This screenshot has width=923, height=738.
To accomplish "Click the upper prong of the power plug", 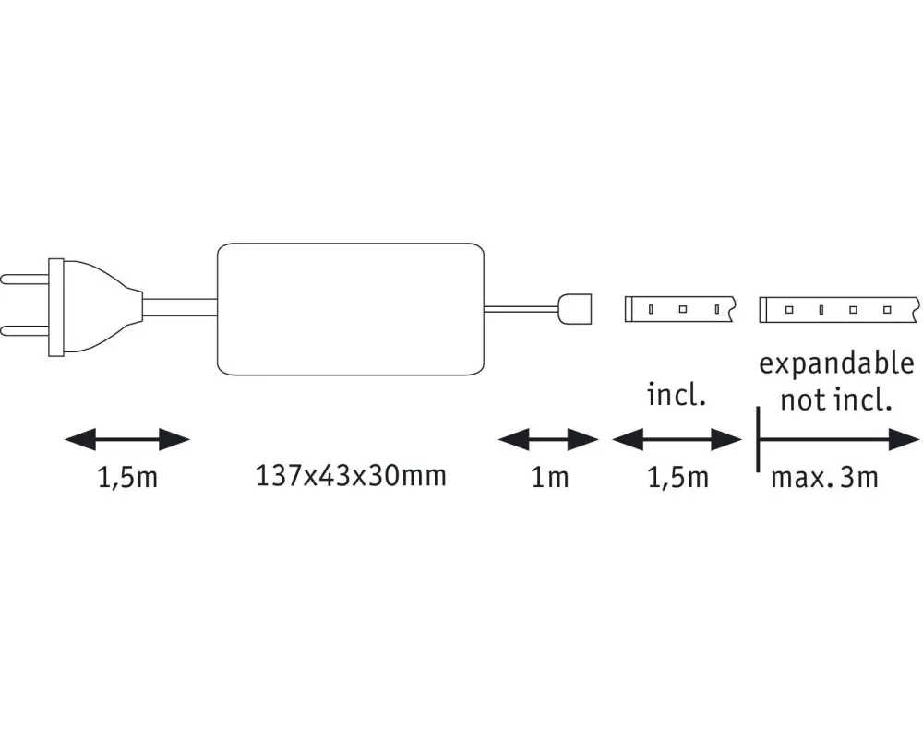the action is (x=25, y=279).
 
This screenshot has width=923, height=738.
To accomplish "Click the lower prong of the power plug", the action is (x=25, y=331).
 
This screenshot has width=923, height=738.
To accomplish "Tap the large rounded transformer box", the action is (x=350, y=309).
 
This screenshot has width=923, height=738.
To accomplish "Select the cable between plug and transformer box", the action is (x=180, y=307).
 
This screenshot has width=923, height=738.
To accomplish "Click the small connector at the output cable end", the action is (x=574, y=309).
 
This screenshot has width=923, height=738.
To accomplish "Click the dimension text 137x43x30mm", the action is (x=351, y=475).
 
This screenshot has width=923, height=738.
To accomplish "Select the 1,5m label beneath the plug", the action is (x=127, y=477).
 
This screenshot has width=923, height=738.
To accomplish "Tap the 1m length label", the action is (x=550, y=477).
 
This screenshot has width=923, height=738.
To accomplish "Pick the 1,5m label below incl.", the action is (x=677, y=477).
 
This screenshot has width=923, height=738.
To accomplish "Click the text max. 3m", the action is (x=824, y=477).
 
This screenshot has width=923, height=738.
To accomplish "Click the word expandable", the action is (x=836, y=364).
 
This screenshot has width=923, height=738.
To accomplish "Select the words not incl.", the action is (x=836, y=400).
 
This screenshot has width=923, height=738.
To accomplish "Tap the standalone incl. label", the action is (x=677, y=394).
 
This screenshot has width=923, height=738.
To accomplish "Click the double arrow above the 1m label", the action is (x=548, y=439).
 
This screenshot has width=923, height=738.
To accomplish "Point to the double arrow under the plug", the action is (x=127, y=439).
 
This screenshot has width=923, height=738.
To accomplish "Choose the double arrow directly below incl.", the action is (x=677, y=439).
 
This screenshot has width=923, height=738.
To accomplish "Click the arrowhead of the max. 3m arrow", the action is (x=905, y=439).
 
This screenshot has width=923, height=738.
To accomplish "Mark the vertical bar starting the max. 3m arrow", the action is (x=758, y=439).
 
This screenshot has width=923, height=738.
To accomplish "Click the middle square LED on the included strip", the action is (x=683, y=309).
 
